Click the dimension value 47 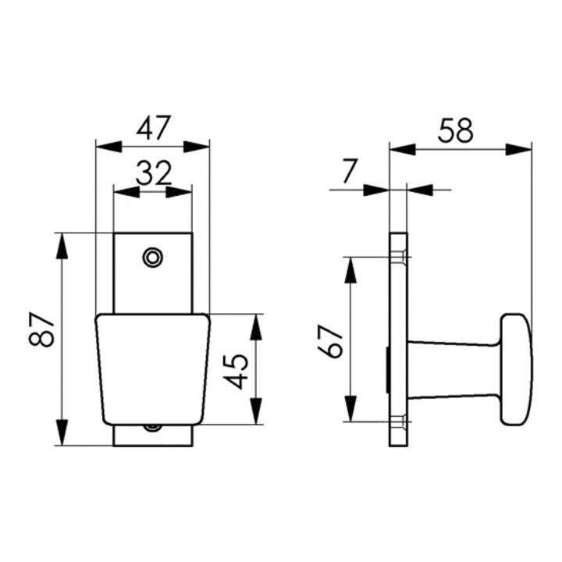pos(153,127)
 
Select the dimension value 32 pos(153,173)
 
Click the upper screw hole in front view pos(153,257)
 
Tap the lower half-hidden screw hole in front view pos(153,427)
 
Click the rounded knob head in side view pos(516,370)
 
